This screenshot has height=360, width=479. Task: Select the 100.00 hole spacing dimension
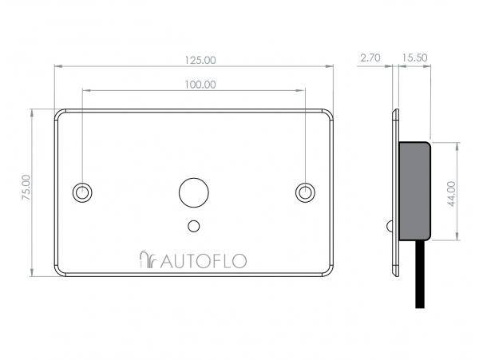[200, 84]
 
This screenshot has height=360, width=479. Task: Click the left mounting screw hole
[81, 192]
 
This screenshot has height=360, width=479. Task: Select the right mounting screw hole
[304, 192]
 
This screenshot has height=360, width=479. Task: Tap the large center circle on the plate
[192, 192]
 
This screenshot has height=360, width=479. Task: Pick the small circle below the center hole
[192, 226]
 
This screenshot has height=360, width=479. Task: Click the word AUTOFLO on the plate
[204, 259]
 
